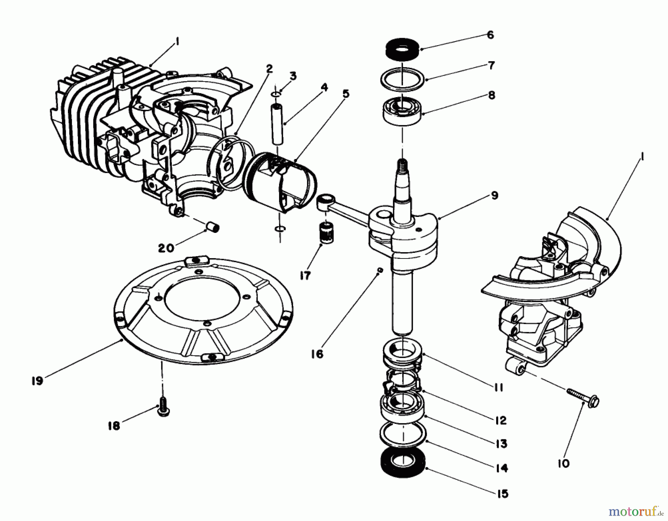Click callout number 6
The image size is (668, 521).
pyautogui.click(x=490, y=35)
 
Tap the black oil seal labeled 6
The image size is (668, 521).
pyautogui.click(x=402, y=49)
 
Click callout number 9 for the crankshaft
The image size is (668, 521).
pyautogui.click(x=494, y=195)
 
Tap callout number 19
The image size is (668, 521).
pyautogui.click(x=37, y=381)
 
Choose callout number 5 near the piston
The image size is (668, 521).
pyautogui.click(x=346, y=93)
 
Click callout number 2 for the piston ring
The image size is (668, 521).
pyautogui.click(x=269, y=69)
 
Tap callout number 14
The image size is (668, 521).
pyautogui.click(x=501, y=468)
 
